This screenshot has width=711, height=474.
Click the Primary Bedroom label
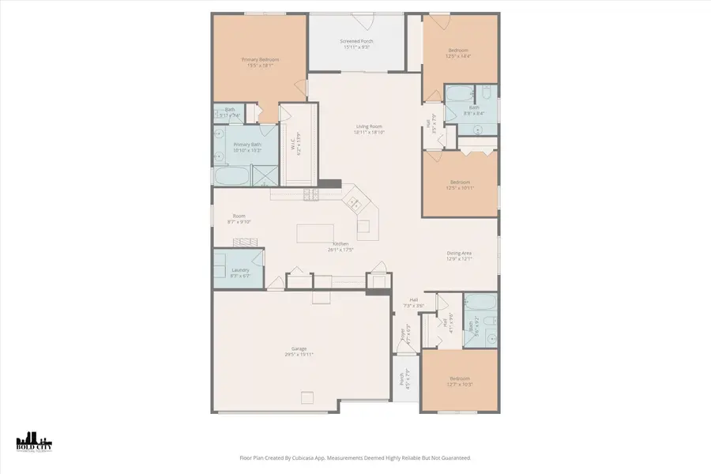tap(260, 59)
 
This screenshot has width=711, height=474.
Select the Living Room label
tap(369, 126)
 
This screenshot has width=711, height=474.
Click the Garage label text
tap(299, 348)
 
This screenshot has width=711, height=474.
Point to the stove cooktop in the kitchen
tap(310, 194)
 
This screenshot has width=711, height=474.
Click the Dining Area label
tap(459, 253)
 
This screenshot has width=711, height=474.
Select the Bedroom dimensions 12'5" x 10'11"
tap(459, 188)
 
